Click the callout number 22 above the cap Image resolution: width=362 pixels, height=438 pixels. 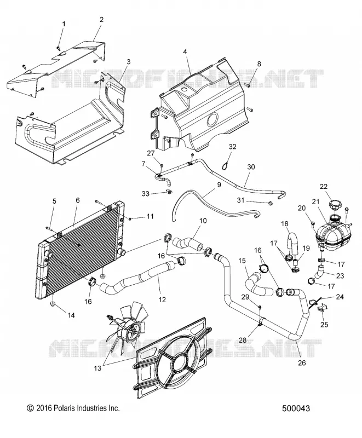coord(324,186)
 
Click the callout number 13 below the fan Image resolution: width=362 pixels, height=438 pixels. coord(97,368)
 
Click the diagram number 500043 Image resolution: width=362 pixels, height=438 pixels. coord(296,408)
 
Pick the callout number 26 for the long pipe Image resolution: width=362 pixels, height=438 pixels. coord(302,362)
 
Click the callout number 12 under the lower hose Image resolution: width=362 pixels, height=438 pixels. coord(162,299)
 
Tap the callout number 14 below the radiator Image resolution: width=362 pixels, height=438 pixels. coord(71,315)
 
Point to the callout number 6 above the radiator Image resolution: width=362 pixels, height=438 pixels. coord(78,200)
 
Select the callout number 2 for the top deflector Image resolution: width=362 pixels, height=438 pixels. coord(101,19)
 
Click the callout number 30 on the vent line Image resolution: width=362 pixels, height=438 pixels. coord(251,167)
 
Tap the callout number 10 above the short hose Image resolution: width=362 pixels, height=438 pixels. coord(203,221)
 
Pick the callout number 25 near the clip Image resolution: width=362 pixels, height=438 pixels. coord(324,325)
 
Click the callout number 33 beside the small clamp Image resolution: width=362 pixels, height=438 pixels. coord(146,193)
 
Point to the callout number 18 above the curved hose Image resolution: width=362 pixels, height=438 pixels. coord(284,223)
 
